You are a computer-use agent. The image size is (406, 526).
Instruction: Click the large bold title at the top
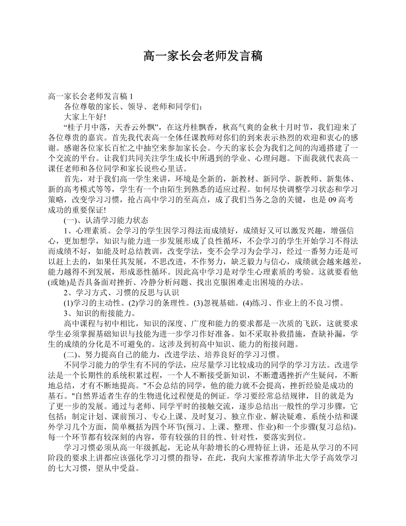[x=203, y=56]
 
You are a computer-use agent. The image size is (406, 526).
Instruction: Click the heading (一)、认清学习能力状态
[x=106, y=220]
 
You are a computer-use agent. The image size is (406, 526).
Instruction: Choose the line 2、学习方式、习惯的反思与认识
[x=121, y=293]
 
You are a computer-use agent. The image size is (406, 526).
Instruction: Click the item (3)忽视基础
[x=213, y=303]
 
